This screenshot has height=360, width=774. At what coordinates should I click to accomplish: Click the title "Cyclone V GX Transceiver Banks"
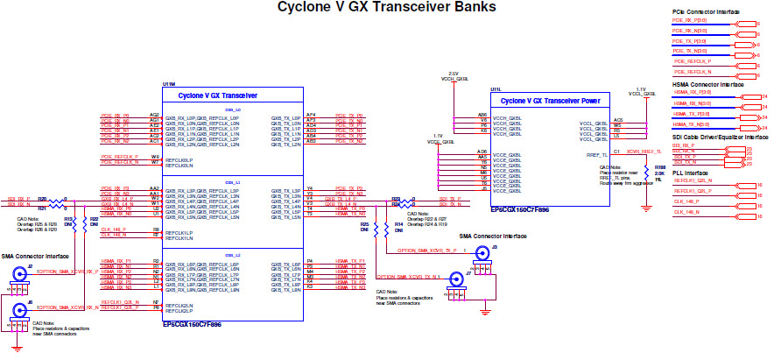click(386, 8)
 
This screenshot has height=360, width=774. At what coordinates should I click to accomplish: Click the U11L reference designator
click(496, 89)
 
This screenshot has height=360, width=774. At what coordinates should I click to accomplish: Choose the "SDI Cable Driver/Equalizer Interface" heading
click(720, 138)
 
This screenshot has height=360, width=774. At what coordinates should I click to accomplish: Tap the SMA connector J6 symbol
click(18, 310)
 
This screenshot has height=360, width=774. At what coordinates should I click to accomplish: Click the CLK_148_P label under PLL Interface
click(686, 201)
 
